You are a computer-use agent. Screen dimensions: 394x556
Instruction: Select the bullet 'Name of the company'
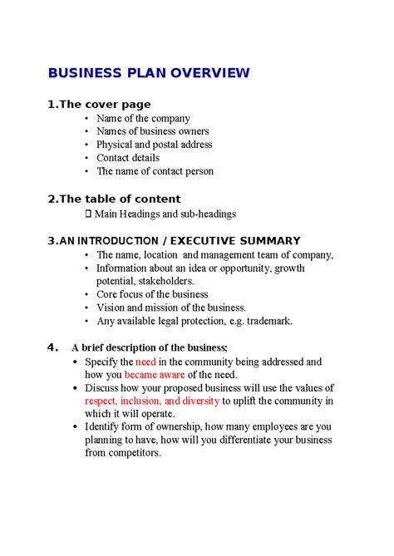pyautogui.click(x=143, y=119)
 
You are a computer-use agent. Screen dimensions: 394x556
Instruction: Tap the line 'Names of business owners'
pyautogui.click(x=152, y=131)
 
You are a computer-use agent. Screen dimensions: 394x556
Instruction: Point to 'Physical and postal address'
pyautogui.click(x=155, y=145)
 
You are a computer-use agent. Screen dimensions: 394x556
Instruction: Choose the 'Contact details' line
pyautogui.click(x=127, y=158)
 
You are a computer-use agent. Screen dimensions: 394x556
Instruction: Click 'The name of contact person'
pyautogui.click(x=155, y=171)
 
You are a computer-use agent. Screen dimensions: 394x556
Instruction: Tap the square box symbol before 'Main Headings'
pyautogui.click(x=90, y=214)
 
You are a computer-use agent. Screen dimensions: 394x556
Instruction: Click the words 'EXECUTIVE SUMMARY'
pyautogui.click(x=244, y=241)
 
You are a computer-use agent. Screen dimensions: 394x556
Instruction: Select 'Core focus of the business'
pyautogui.click(x=152, y=294)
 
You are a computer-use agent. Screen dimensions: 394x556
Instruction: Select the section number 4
pyautogui.click(x=52, y=347)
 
